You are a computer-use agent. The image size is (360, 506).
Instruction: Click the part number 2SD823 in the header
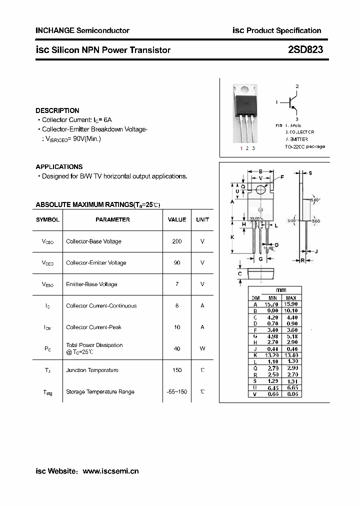pyautogui.click(x=305, y=50)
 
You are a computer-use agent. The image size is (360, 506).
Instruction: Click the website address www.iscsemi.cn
pyautogui.click(x=110, y=471)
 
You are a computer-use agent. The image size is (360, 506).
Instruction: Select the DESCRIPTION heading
pyautogui.click(x=57, y=110)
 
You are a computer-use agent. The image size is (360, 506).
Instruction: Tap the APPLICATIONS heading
pyautogui.click(x=59, y=166)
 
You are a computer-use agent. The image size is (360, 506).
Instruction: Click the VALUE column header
pyautogui.click(x=177, y=219)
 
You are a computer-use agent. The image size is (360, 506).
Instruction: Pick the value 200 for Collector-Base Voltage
pyautogui.click(x=177, y=241)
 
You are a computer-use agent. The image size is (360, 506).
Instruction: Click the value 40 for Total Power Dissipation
pyautogui.click(x=177, y=348)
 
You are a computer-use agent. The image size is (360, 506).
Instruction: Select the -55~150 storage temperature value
pyautogui.click(x=177, y=391)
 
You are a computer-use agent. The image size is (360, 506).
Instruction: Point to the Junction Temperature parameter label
pyautogui.click(x=92, y=370)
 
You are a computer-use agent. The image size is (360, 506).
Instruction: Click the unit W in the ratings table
pyautogui.click(x=202, y=348)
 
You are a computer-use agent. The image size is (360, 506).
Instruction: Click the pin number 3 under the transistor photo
pyautogui.click(x=253, y=148)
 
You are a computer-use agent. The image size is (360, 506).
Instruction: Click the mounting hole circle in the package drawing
pyautogui.click(x=260, y=189)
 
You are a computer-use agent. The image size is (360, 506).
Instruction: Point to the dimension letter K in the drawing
pyautogui.click(x=232, y=237)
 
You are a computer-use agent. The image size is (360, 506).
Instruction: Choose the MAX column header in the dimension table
pyautogui.click(x=291, y=297)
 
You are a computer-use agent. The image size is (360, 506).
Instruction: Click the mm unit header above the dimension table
pyautogui.click(x=281, y=290)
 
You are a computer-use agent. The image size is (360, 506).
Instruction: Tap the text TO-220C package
pyautogui.click(x=305, y=146)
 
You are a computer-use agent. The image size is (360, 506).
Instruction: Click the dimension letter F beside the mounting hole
pyautogui.click(x=282, y=177)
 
